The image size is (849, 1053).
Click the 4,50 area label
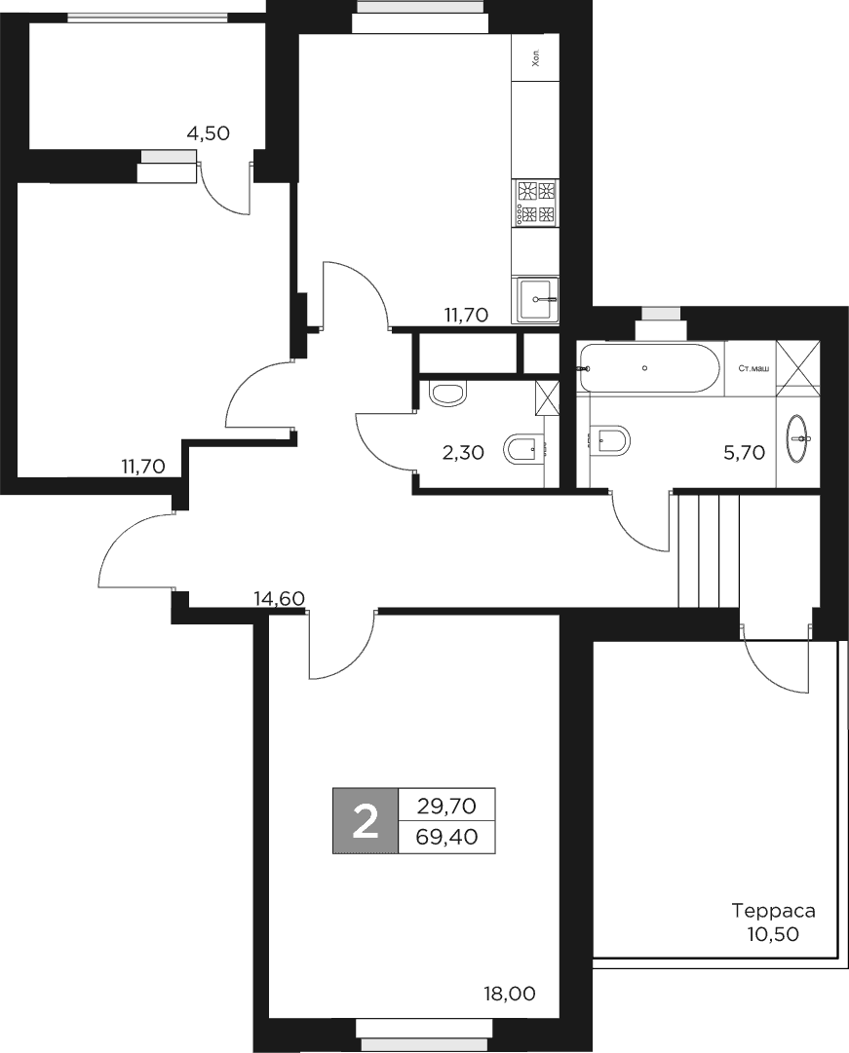(208, 133)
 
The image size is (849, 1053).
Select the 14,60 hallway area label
(279, 599)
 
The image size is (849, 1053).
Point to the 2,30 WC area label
(462, 452)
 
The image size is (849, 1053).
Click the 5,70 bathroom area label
(744, 452)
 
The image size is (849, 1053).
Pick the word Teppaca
(773, 912)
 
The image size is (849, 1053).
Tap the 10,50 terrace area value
(773, 933)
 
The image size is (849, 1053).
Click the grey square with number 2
(366, 821)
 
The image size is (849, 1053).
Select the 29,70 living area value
(447, 806)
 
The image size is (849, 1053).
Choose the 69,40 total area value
(447, 837)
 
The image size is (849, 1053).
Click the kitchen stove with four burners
(536, 202)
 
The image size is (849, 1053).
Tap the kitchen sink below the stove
(536, 299)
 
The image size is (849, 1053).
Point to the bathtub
(647, 368)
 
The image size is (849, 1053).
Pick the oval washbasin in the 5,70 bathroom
(800, 438)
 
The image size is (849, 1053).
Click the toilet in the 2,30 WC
(447, 394)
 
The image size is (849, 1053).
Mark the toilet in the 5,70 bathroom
(611, 439)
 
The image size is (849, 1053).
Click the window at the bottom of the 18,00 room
(424, 1032)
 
